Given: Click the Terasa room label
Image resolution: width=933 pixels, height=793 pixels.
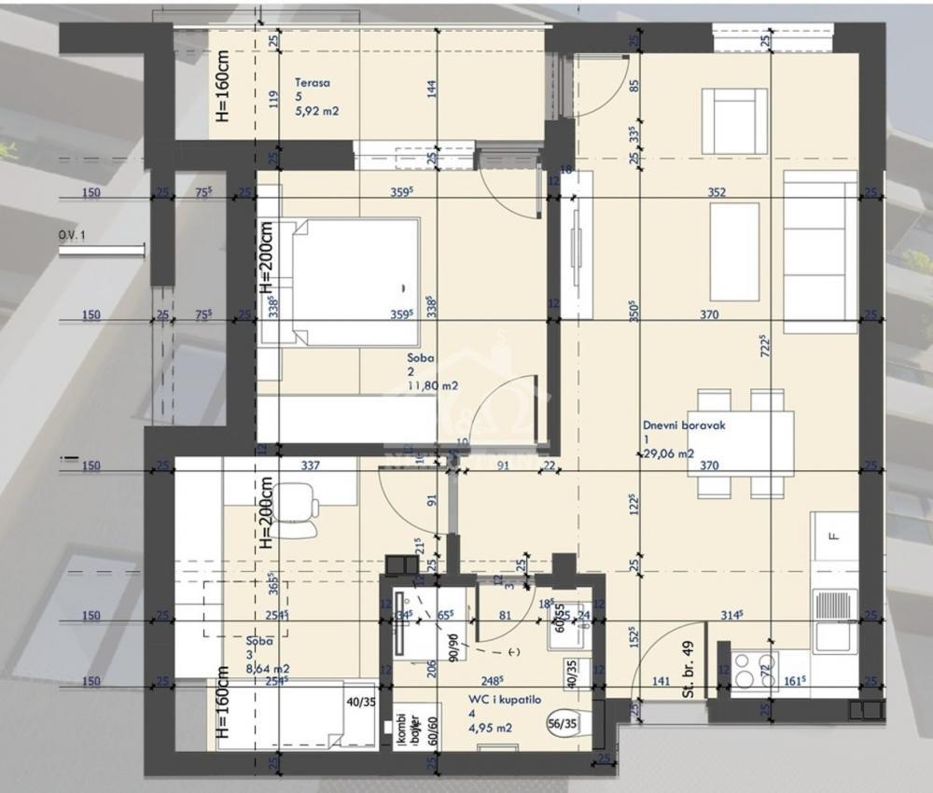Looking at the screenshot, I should point(312,82).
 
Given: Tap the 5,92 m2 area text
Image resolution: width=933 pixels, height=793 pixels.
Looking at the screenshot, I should point(316,112).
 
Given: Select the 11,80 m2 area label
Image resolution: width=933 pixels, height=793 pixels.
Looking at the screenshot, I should point(430,384).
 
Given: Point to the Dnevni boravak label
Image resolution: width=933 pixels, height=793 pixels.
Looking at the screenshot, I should point(684,424).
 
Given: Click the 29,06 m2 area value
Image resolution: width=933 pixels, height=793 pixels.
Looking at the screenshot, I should point(667,453).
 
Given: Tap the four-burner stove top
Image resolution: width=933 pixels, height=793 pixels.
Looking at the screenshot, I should point(755,669).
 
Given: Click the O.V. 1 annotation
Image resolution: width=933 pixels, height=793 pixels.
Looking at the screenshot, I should point(72,236).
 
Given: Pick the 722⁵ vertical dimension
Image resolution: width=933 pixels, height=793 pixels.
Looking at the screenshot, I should point(764,347).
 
